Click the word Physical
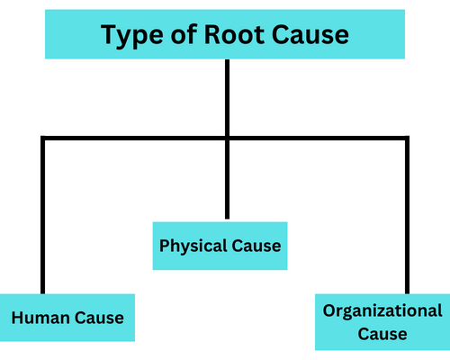193,246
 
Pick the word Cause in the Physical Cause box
256,246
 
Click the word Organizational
382,311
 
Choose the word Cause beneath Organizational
382,334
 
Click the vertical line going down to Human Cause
42,216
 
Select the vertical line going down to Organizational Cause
406,216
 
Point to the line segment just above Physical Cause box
226,180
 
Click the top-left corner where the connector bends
42,139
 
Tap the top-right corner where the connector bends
406,139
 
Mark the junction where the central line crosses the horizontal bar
226,139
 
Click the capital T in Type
109,36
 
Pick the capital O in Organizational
329,311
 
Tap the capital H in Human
17,318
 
